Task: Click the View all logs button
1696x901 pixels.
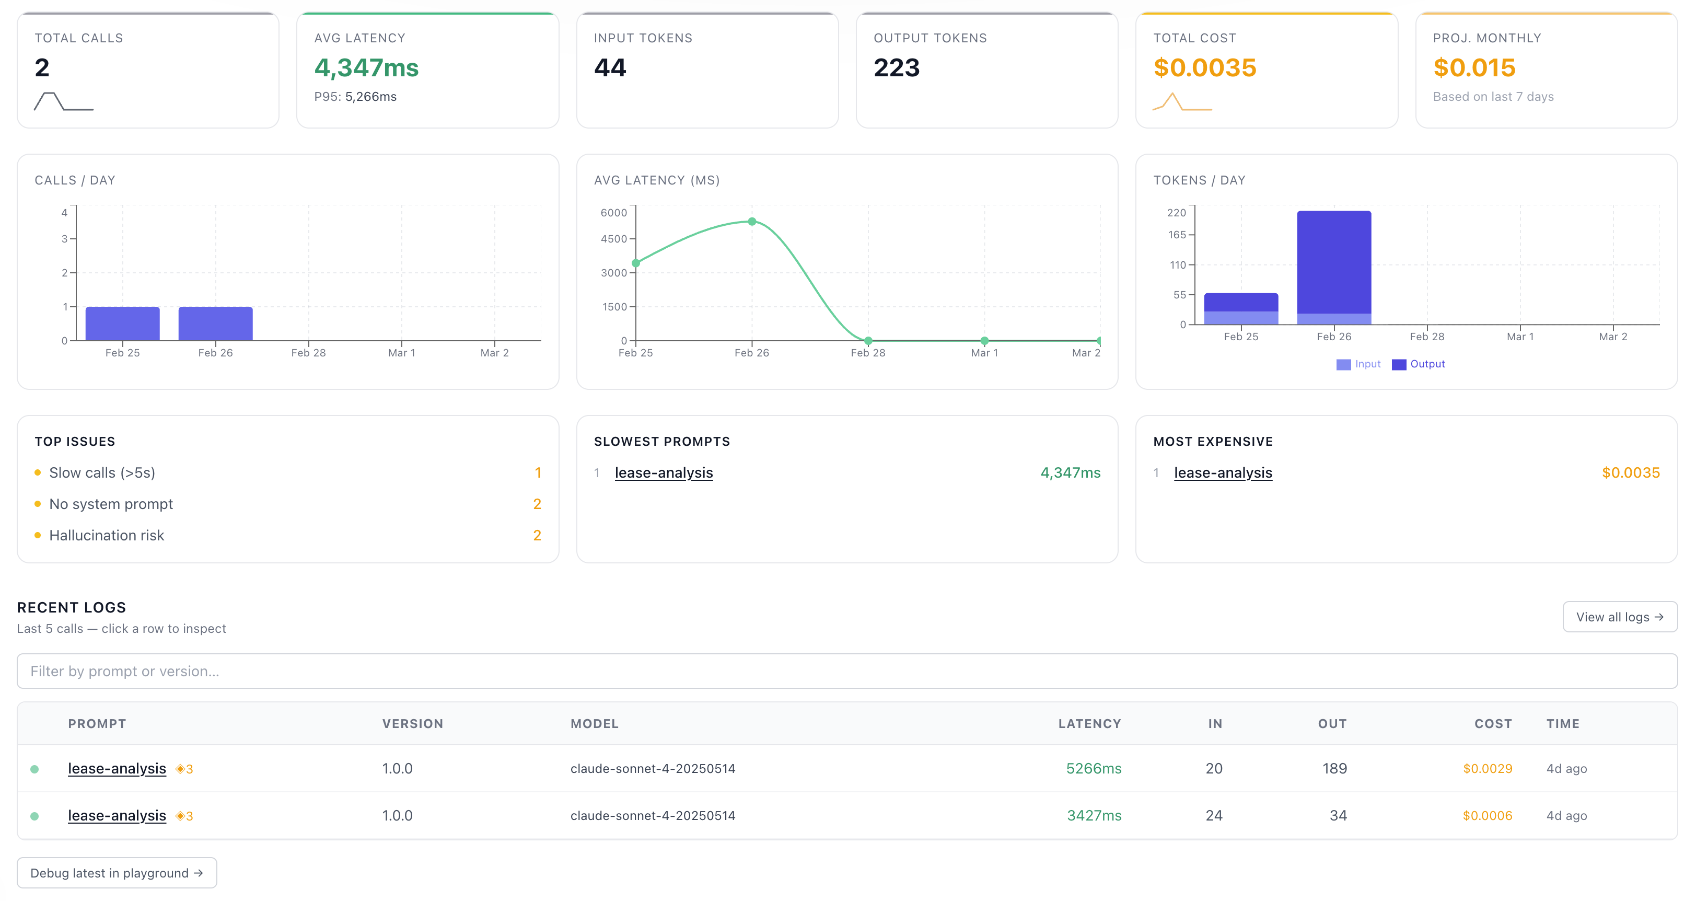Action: coord(1619,617)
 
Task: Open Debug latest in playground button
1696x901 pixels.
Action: coord(117,873)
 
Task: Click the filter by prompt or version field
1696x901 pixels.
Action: coord(846,671)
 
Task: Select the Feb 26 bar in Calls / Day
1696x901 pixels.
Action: coord(215,324)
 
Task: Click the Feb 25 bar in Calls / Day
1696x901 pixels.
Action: coord(122,324)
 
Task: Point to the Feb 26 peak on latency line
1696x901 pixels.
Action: coord(752,221)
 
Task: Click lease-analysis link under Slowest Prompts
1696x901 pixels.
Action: coord(664,473)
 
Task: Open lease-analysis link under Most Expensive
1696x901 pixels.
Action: coord(1223,473)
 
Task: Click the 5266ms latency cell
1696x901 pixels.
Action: coord(1094,769)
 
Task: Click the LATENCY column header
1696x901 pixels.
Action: coord(1089,724)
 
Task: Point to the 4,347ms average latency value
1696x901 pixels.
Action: coord(366,68)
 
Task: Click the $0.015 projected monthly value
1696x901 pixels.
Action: coord(1474,68)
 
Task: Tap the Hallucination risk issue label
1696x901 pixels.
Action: coord(107,536)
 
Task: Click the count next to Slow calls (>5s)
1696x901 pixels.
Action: coord(538,473)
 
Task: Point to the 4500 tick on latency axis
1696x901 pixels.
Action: coord(613,239)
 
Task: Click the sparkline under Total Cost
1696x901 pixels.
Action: coord(1182,102)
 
